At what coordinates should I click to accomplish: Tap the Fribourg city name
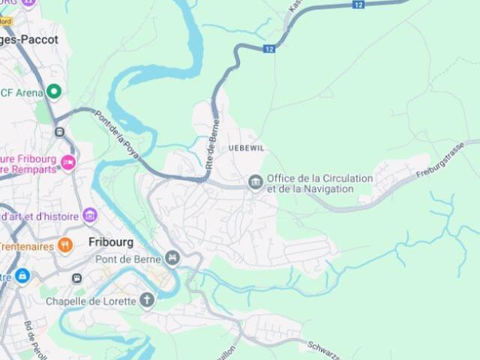pyautogui.click(x=110, y=242)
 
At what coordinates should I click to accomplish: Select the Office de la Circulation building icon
pyautogui.click(x=256, y=183)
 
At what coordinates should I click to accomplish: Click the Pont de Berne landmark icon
pyautogui.click(x=173, y=259)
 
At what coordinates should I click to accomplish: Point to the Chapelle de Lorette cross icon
pyautogui.click(x=147, y=301)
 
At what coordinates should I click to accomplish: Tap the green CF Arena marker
pyautogui.click(x=53, y=91)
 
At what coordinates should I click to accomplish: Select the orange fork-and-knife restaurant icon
pyautogui.click(x=65, y=245)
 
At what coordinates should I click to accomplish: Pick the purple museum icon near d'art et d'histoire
pyautogui.click(x=90, y=216)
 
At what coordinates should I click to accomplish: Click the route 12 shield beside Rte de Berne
pyautogui.click(x=269, y=49)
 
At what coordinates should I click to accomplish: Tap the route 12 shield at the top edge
pyautogui.click(x=359, y=5)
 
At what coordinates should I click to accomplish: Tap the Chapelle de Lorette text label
pyautogui.click(x=90, y=301)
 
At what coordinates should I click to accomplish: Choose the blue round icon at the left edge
pyautogui.click(x=22, y=276)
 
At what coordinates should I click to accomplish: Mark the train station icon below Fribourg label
pyautogui.click(x=76, y=278)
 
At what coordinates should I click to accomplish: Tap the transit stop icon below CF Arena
pyautogui.click(x=59, y=132)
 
